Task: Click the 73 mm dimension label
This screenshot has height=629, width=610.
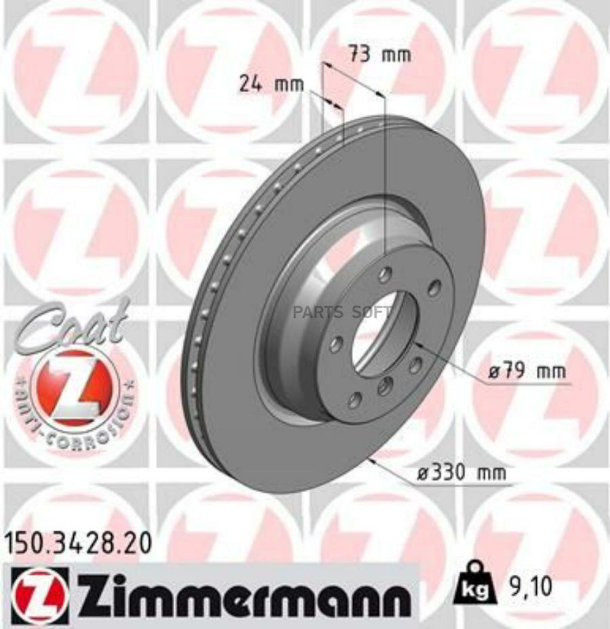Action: point(380,55)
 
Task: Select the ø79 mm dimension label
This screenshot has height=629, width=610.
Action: point(527,371)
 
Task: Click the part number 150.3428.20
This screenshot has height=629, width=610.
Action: point(77,543)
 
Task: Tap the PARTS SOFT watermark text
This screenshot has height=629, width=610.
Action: point(342,312)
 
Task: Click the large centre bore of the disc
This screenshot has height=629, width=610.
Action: point(384,333)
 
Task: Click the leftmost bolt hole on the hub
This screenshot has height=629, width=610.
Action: point(336,345)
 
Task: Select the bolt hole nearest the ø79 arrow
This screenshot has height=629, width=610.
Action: point(415,365)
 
